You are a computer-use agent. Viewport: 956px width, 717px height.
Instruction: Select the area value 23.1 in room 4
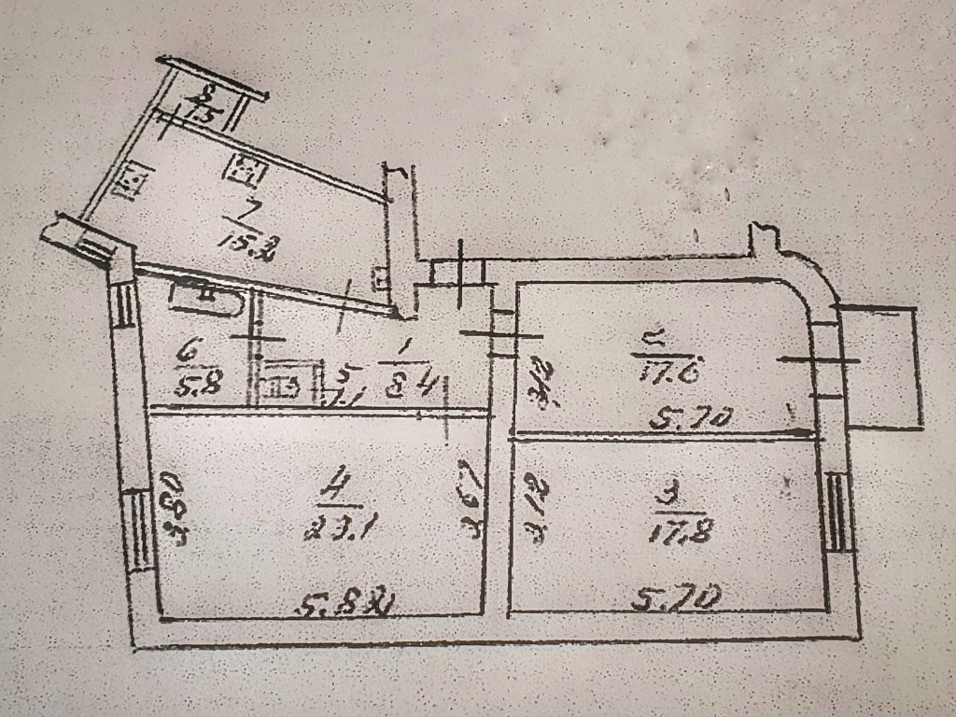327,529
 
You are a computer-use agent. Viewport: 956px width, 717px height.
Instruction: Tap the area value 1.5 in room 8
202,116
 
